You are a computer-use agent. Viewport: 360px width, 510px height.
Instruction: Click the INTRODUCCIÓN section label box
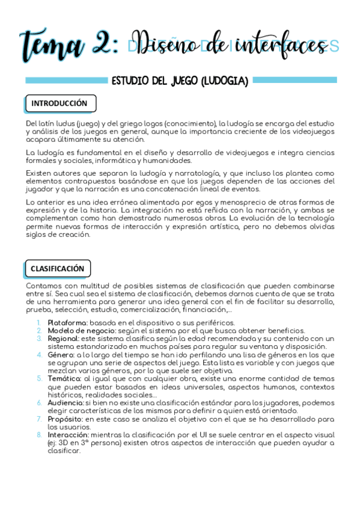click(59, 103)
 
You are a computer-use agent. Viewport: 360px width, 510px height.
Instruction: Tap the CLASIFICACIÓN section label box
click(58, 268)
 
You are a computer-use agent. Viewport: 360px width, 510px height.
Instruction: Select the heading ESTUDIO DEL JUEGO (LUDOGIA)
click(180, 81)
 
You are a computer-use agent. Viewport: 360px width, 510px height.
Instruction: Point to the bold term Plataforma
click(67, 323)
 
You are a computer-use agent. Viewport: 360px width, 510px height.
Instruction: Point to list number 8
click(39, 434)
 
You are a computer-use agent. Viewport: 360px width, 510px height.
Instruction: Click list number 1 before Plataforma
click(39, 323)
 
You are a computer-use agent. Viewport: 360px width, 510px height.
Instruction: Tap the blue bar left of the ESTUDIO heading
click(64, 80)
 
